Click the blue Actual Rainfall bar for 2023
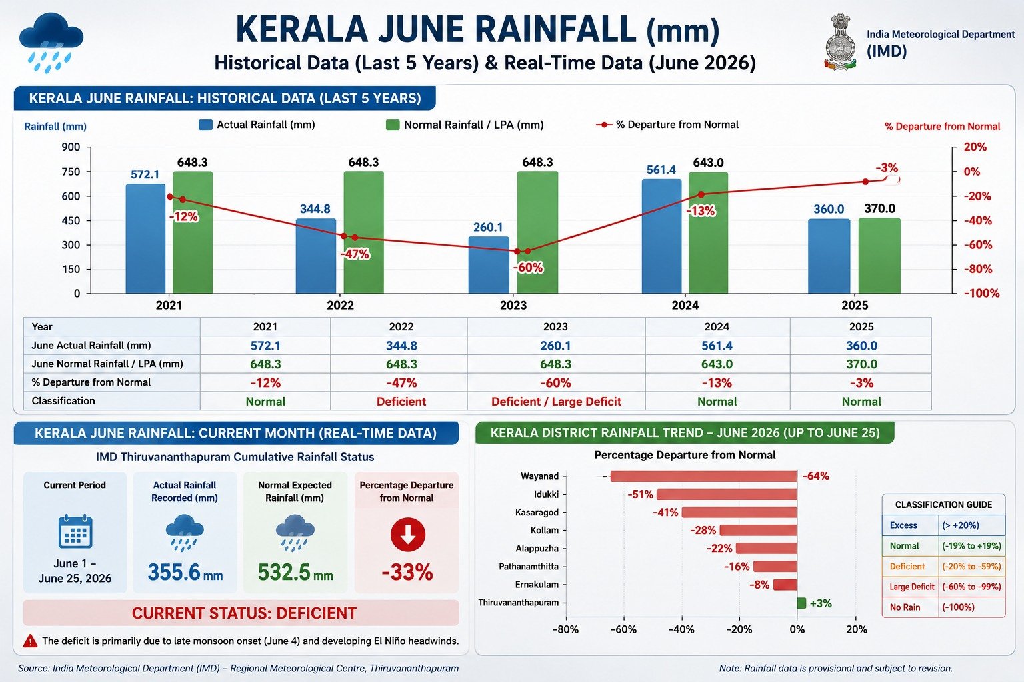coord(489,265)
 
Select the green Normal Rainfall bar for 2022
coord(363,232)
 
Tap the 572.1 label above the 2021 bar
coord(145,174)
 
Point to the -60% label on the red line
coord(528,268)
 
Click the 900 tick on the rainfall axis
coord(71,147)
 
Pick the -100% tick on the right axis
coord(981,293)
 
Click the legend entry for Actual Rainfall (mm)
coord(257,125)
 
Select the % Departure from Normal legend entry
coord(667,125)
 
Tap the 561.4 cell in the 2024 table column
coord(717,346)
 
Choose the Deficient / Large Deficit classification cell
coord(556,402)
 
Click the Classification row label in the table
coord(63,401)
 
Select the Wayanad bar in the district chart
coord(703,476)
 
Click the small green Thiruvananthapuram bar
coord(801,603)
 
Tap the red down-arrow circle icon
coord(408,534)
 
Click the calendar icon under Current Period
coord(75,531)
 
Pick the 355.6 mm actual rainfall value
coord(185,572)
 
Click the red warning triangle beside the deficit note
coord(30,641)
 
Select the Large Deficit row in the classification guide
coord(944,587)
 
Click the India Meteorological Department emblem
coord(840,42)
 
